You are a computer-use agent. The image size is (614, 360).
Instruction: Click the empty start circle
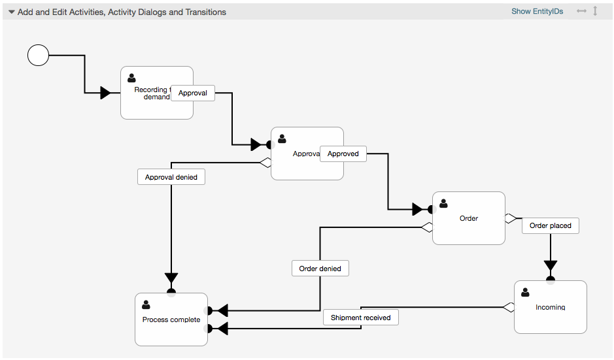coord(39,56)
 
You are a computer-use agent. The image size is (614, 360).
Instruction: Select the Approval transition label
coord(193,93)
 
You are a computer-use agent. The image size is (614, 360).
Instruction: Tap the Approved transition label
coord(343,154)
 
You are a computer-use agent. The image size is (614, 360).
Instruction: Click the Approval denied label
coord(171,177)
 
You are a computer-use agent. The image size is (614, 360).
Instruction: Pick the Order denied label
coord(320,269)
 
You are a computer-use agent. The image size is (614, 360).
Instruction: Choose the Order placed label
coord(551,225)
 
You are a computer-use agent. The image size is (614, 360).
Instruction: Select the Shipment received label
coord(360,318)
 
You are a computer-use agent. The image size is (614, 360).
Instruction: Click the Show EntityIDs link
coord(537,12)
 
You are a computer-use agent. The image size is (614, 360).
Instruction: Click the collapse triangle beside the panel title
coord(11,12)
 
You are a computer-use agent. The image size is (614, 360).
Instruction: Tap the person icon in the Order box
coord(443,203)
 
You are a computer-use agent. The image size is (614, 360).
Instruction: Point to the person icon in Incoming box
coord(525,292)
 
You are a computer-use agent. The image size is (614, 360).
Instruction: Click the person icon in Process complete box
coord(146,304)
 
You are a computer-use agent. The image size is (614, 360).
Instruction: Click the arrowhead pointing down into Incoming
coord(551,267)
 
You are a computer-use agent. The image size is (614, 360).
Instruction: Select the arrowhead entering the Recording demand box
coord(105,93)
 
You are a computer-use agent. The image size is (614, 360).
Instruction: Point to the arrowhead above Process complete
coord(171,279)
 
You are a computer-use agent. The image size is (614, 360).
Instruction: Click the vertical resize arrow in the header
coord(595,11)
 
